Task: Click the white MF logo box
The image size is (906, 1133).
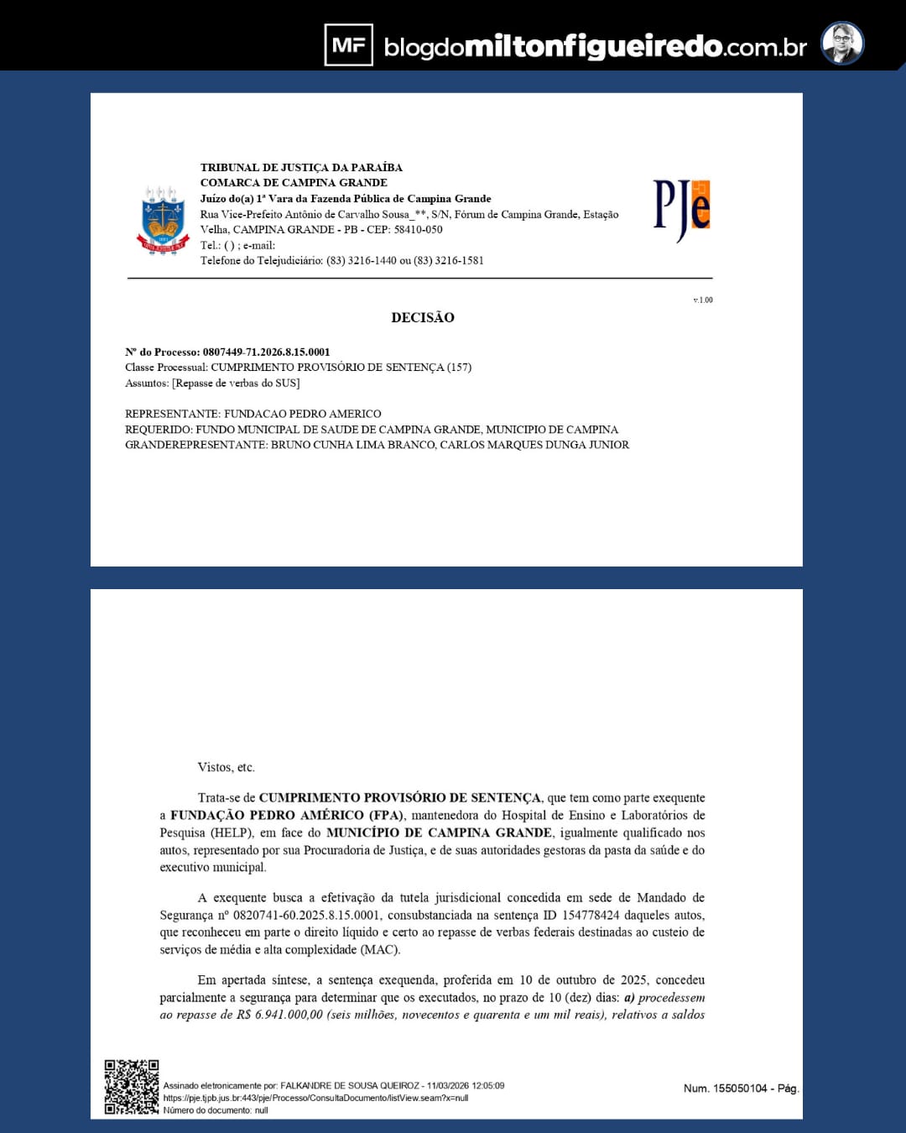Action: (x=348, y=44)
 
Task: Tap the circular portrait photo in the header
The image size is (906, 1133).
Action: (x=841, y=44)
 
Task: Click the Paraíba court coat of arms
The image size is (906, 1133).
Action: (x=163, y=220)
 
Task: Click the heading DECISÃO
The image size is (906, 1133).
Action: (x=423, y=317)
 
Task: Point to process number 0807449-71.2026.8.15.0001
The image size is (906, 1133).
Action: (x=266, y=352)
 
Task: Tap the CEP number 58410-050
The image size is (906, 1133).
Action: (x=418, y=229)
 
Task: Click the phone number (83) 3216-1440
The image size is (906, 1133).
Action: (x=361, y=260)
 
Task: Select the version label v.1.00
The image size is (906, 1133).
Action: (x=703, y=300)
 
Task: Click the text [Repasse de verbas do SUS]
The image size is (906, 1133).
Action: (x=236, y=383)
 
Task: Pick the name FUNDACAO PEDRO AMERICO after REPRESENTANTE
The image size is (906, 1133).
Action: (x=302, y=414)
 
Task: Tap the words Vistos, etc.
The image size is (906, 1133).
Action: (x=226, y=767)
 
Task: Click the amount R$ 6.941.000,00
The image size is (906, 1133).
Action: (x=279, y=1015)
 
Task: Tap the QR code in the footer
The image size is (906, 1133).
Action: (x=131, y=1087)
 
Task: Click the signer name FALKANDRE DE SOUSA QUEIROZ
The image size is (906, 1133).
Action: (x=349, y=1085)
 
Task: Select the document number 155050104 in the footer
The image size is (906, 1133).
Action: (x=740, y=1089)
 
